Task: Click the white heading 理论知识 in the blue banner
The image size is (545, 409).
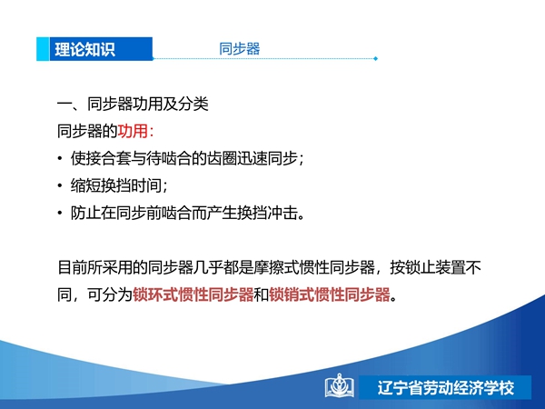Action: (84, 49)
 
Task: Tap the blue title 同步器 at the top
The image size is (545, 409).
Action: (240, 49)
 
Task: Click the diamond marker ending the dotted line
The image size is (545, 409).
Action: (376, 58)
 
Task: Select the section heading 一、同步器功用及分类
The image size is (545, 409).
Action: (133, 104)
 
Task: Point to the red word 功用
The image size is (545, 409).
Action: (133, 131)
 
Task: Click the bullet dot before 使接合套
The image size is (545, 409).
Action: (60, 158)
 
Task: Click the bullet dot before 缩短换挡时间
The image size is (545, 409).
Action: (60, 185)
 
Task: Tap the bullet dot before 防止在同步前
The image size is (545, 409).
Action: (60, 213)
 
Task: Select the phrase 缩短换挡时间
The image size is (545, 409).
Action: (116, 185)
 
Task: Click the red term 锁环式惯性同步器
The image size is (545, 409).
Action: (193, 294)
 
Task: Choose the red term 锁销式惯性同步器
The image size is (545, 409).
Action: (330, 294)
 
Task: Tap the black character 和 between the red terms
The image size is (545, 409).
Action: (262, 294)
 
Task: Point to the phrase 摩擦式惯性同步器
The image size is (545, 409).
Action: (314, 267)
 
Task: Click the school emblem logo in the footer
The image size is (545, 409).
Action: (340, 385)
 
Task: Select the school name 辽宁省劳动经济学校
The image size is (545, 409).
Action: (446, 388)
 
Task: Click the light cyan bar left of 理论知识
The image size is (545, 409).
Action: (43, 49)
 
